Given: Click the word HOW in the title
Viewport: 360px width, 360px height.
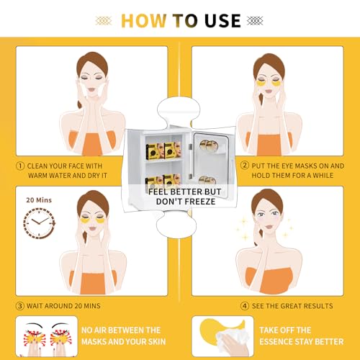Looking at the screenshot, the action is (144, 21).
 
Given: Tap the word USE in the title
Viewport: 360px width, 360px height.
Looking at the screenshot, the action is (222, 21).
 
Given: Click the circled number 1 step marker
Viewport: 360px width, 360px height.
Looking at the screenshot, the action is (20, 166).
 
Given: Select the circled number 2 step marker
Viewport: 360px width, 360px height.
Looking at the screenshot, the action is (245, 166).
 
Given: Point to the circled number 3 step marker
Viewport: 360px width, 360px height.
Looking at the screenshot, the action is (19, 306).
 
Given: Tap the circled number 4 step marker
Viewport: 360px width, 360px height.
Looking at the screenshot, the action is (245, 306).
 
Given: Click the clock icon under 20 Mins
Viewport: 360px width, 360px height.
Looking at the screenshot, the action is (39, 223).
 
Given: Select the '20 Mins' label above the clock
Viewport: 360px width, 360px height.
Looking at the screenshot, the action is (39, 200).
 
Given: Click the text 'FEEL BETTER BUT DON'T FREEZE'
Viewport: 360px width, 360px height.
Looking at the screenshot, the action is (185, 197).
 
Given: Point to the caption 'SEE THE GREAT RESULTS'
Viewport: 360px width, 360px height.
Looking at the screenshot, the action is (292, 306).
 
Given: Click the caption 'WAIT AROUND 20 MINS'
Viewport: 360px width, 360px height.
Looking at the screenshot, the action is (63, 306).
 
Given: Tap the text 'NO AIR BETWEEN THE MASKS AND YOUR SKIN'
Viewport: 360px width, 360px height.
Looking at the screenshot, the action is (123, 336).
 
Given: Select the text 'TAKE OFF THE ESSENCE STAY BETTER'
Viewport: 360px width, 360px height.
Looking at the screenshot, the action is (302, 336).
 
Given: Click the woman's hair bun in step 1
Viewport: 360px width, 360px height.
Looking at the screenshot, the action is (80, 104).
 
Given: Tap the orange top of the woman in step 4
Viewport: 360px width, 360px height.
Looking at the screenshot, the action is (269, 280).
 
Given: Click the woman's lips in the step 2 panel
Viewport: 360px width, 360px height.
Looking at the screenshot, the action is (269, 91).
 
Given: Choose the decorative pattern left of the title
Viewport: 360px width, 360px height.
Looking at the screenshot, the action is (104, 21).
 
